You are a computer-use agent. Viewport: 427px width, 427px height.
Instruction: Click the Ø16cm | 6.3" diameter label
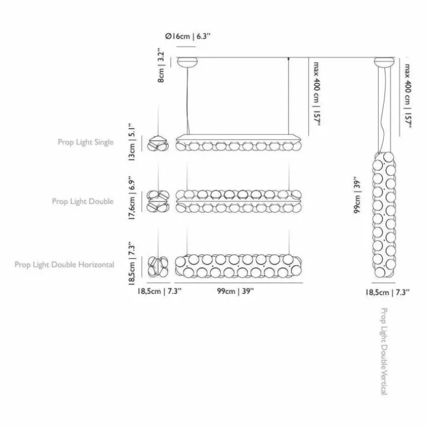(x=188, y=36)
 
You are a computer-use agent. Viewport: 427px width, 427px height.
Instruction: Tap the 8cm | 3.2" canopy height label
(x=161, y=67)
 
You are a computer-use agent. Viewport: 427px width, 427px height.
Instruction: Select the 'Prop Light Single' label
(x=85, y=142)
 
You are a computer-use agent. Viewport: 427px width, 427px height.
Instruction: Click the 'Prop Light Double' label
(x=83, y=201)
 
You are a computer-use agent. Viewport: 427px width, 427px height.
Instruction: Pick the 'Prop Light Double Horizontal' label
(x=64, y=265)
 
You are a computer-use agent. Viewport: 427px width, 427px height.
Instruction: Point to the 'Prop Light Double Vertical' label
(x=384, y=351)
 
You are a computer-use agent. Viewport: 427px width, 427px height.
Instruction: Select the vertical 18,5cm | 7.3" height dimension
(x=132, y=263)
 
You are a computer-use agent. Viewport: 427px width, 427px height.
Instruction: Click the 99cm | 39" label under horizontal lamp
(x=235, y=291)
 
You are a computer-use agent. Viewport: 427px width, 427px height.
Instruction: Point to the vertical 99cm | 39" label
(x=357, y=197)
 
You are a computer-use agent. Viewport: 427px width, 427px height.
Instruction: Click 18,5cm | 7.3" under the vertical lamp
(x=388, y=292)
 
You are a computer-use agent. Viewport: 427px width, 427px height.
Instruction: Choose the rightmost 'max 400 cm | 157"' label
(x=407, y=95)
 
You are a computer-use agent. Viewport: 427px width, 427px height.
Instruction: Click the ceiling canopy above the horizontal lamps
(x=187, y=62)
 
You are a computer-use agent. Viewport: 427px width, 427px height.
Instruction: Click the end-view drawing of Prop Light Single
(x=158, y=144)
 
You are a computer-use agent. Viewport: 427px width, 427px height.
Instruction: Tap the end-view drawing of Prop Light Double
(x=158, y=201)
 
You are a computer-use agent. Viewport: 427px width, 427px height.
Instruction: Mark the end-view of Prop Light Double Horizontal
(x=158, y=266)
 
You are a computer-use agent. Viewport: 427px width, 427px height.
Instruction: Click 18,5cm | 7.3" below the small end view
(x=159, y=291)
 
